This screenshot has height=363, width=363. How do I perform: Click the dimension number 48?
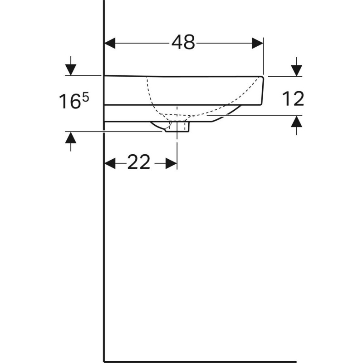click(183, 43)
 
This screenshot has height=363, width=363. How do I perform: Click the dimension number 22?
click(138, 162)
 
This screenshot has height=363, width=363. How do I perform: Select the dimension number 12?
click(293, 98)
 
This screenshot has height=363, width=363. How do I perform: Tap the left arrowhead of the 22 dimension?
click(110, 162)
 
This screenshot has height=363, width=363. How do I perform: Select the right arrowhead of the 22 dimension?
click(172, 162)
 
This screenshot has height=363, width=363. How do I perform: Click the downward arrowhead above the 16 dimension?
click(71, 69)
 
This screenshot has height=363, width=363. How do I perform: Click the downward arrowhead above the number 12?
click(296, 70)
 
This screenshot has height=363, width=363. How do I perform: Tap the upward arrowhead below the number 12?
click(296, 122)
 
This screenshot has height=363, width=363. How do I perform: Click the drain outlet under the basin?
click(177, 127)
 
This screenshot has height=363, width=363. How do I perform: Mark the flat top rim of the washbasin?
click(181, 76)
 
